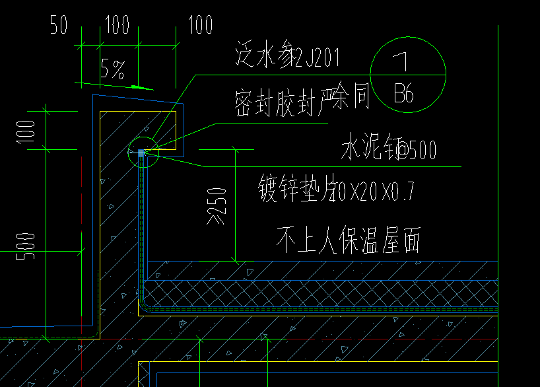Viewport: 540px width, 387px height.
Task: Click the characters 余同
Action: click(353, 97)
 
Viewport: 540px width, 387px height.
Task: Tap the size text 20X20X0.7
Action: click(374, 192)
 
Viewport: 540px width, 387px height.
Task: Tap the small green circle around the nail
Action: click(144, 152)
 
